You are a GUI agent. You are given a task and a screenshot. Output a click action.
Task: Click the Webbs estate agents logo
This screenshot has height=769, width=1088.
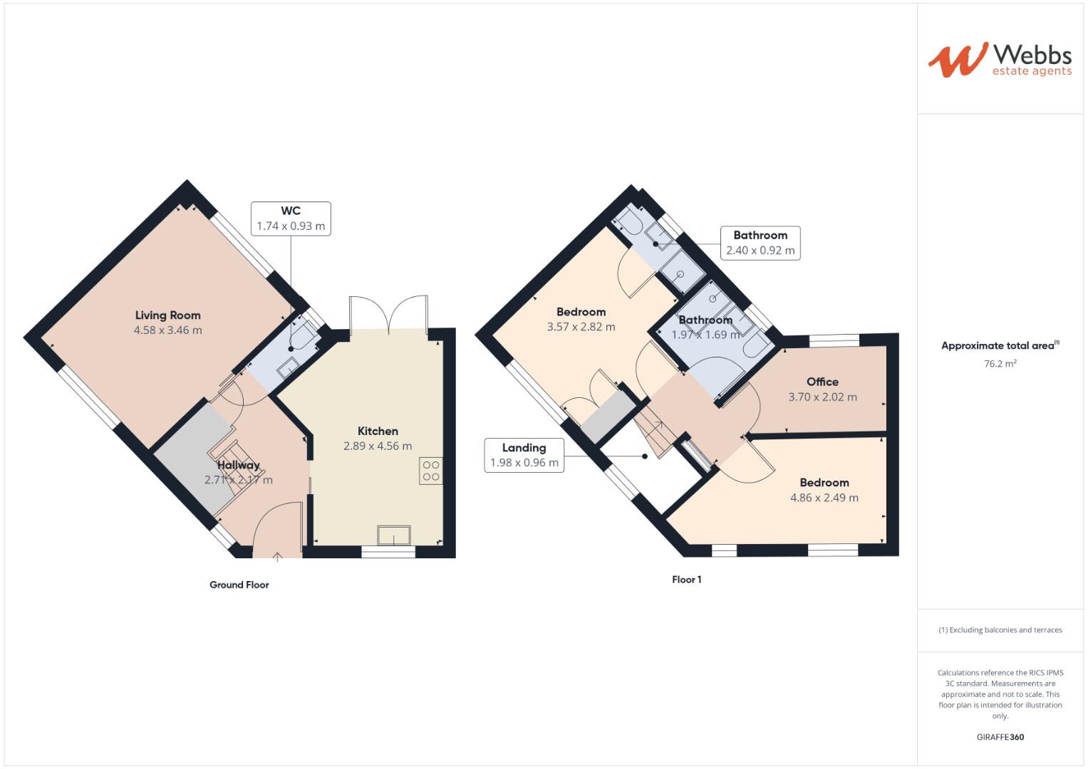(x=999, y=59)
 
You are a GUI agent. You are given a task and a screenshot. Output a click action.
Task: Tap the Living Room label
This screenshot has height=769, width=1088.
(x=168, y=315)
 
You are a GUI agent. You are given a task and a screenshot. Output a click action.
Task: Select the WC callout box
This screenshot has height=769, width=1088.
(x=291, y=219)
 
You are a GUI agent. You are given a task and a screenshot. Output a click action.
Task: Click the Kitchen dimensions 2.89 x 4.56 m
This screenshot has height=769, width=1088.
(x=378, y=446)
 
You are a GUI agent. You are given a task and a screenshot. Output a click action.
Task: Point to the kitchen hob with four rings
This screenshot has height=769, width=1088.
(x=431, y=471)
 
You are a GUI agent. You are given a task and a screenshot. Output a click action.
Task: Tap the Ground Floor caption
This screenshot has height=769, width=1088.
(x=239, y=585)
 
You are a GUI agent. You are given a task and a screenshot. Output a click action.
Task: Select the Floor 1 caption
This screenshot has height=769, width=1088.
(x=686, y=580)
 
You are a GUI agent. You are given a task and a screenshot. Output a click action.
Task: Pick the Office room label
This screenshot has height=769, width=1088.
(x=822, y=382)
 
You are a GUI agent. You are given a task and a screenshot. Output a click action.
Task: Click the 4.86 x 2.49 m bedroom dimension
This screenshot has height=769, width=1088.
(x=824, y=498)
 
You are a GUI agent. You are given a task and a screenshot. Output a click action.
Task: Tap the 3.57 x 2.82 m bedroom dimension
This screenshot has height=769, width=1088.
(x=581, y=328)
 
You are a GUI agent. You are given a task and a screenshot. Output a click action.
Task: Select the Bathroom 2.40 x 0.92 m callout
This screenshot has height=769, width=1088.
(x=760, y=243)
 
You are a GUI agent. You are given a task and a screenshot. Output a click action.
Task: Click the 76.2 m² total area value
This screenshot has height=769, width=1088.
(x=1000, y=364)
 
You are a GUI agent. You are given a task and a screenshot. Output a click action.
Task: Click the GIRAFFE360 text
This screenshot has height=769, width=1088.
(x=1000, y=737)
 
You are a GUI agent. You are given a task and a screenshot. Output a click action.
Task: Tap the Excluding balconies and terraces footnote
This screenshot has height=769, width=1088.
(x=1000, y=630)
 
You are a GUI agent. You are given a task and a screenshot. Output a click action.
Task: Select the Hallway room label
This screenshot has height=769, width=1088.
(x=239, y=466)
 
